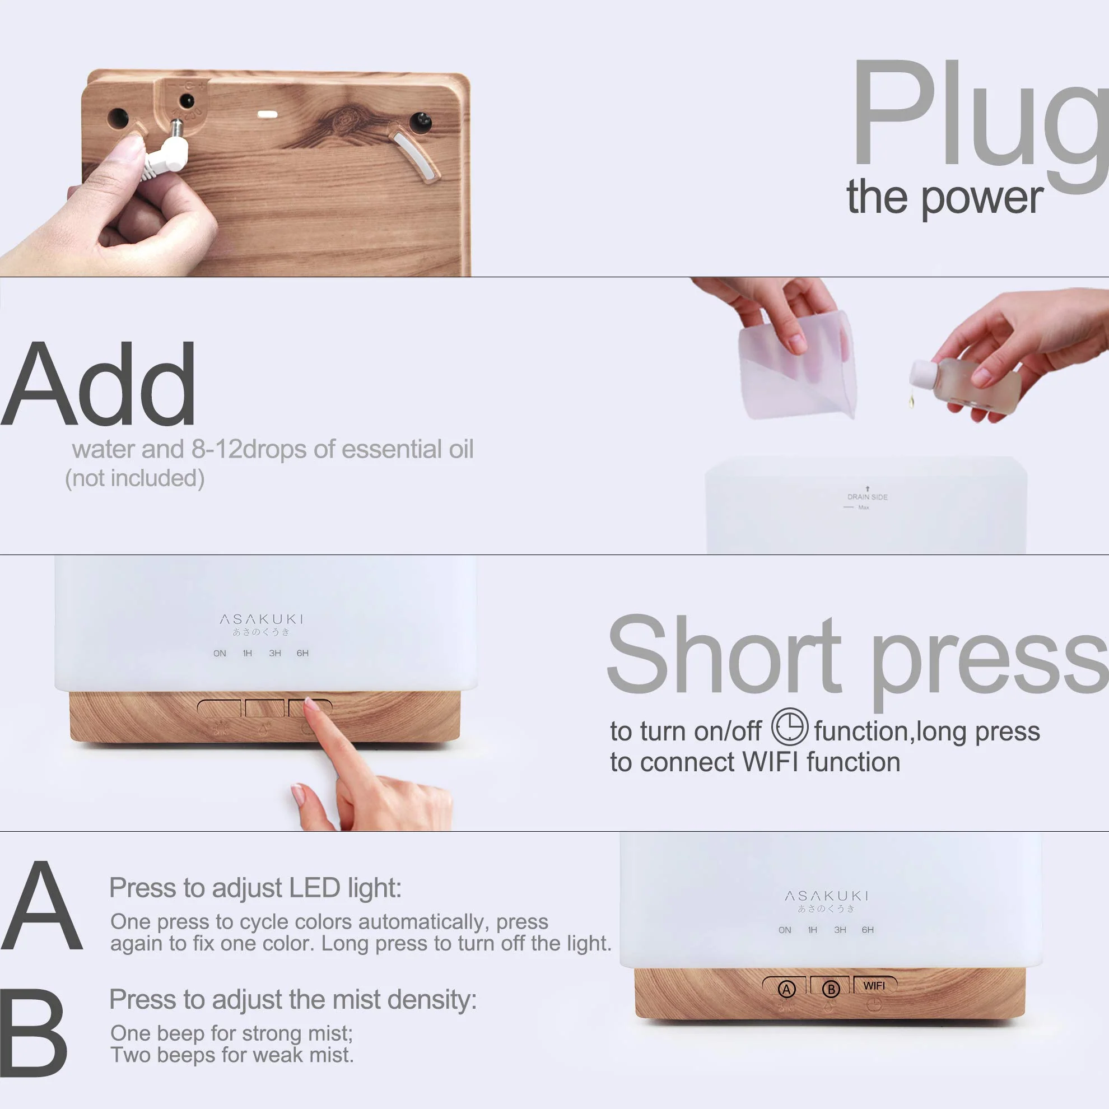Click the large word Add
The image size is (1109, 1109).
[x=99, y=385]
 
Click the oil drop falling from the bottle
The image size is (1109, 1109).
[x=911, y=399]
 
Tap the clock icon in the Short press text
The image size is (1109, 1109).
[x=789, y=726]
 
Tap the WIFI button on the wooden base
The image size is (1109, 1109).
[x=874, y=986]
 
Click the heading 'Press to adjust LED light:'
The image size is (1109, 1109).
[x=255, y=888]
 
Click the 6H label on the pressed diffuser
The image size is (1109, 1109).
[x=302, y=653]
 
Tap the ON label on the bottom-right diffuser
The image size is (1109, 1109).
[x=785, y=930]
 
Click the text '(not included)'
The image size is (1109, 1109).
[x=135, y=478]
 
